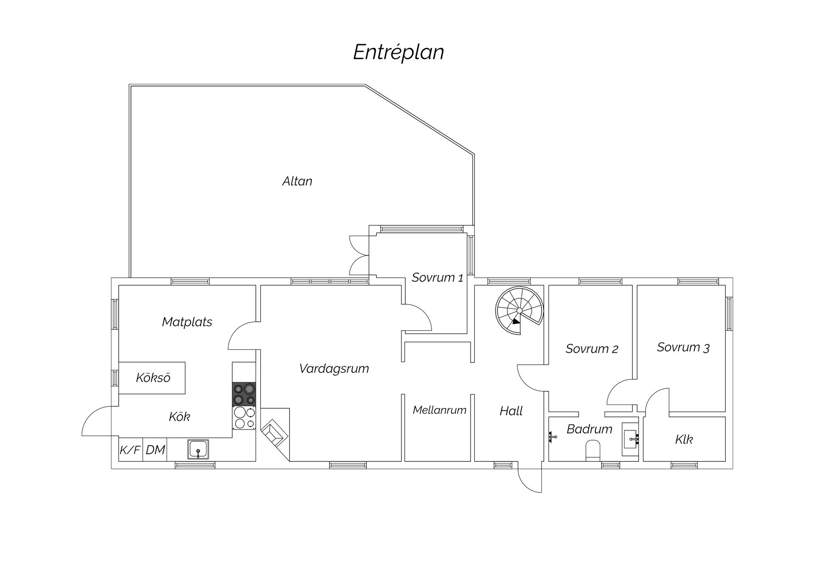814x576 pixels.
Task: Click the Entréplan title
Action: (x=399, y=53)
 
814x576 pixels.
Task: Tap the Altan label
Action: (x=297, y=181)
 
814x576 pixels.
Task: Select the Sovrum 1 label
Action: (x=438, y=278)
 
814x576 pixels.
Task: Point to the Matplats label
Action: (x=187, y=322)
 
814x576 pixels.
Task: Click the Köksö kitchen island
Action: (x=152, y=378)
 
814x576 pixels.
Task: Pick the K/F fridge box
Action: (x=131, y=450)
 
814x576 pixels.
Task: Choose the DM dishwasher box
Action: (x=155, y=450)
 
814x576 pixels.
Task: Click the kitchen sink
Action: (x=198, y=450)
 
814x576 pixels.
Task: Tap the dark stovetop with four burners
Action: (x=244, y=394)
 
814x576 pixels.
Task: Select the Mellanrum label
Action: (x=440, y=410)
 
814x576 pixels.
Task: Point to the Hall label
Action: (x=511, y=411)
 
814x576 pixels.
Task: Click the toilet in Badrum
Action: (x=593, y=450)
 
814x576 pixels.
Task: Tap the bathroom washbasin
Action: (x=630, y=439)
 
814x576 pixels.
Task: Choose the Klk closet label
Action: (x=684, y=439)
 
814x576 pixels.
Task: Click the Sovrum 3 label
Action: (x=683, y=347)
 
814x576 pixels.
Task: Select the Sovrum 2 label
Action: (x=592, y=349)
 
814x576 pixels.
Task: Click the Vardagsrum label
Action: (x=334, y=368)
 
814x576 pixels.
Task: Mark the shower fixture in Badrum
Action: (x=552, y=437)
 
